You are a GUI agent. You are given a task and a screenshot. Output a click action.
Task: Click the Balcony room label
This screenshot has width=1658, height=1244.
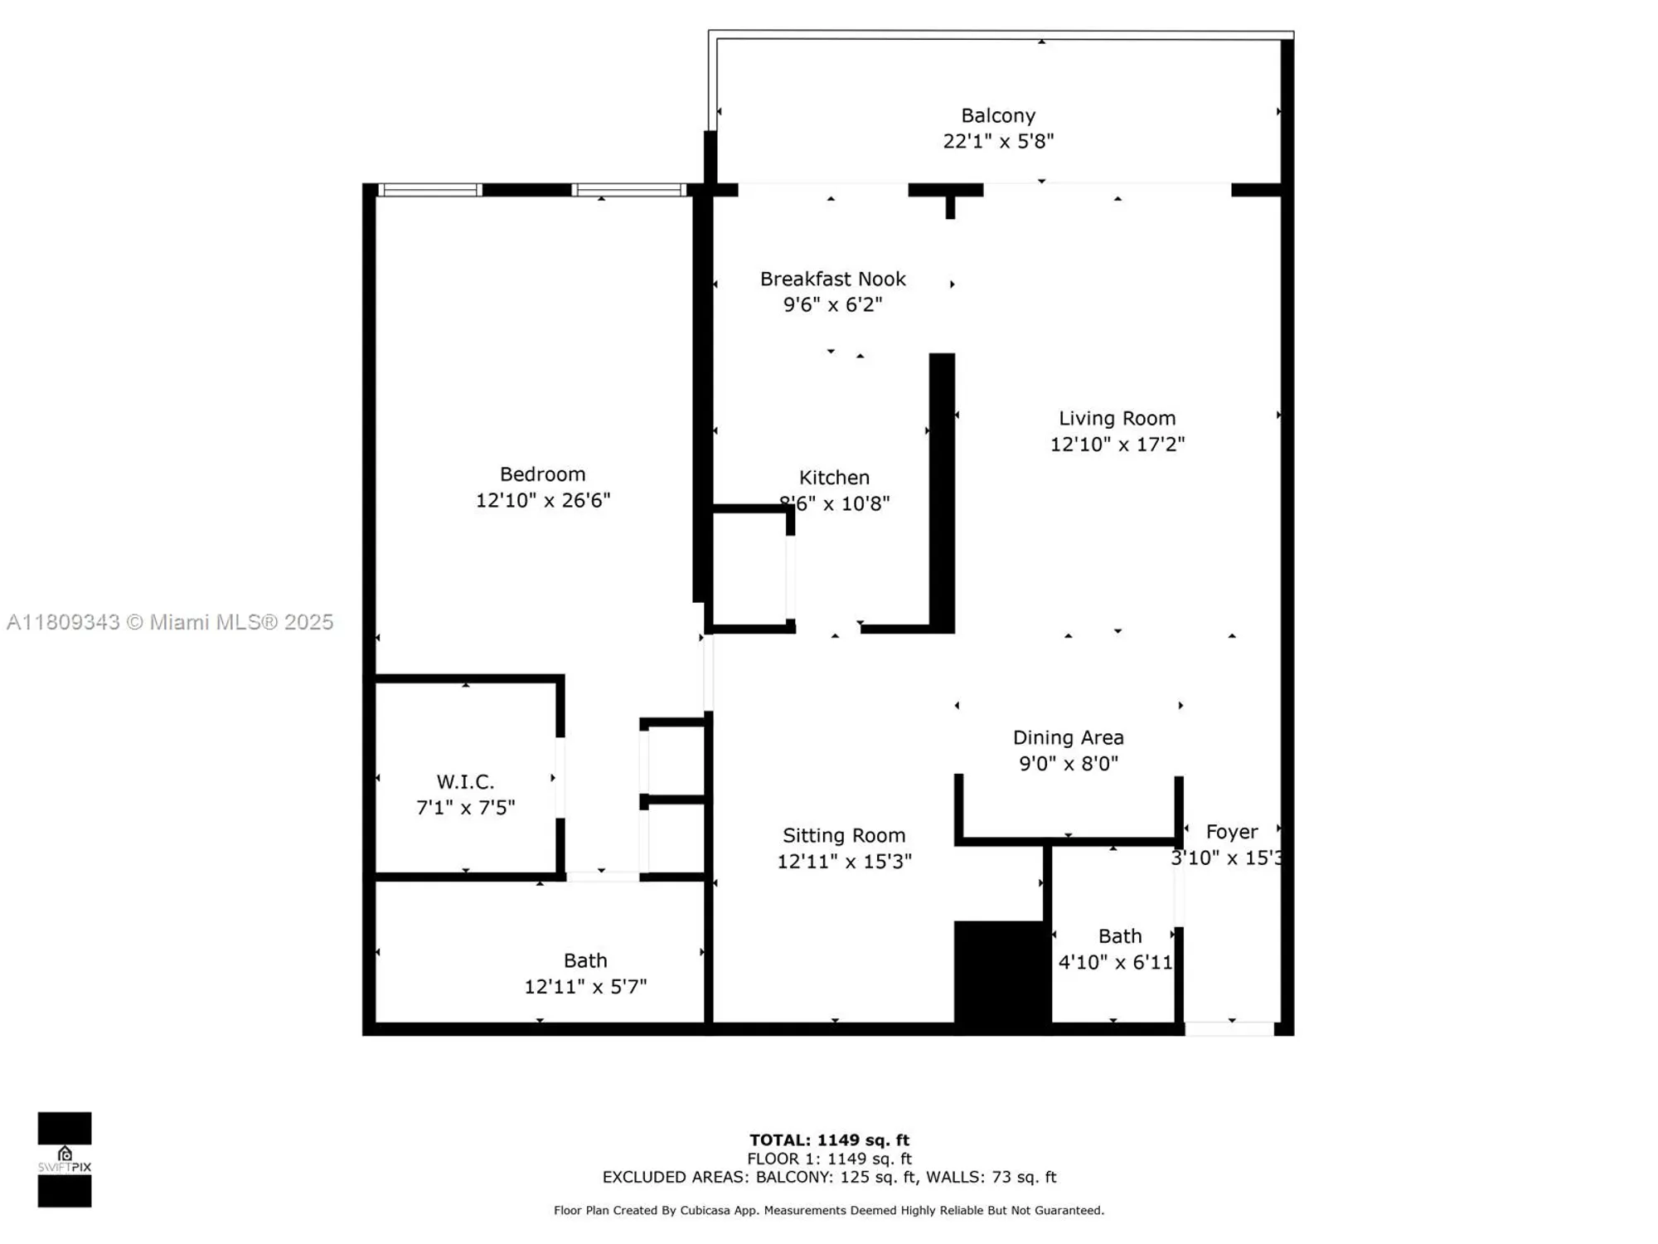(998, 115)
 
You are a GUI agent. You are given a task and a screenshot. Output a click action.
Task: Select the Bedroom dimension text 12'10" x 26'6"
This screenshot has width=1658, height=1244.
(543, 500)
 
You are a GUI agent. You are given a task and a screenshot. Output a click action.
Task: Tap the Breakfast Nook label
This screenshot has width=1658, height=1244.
(832, 279)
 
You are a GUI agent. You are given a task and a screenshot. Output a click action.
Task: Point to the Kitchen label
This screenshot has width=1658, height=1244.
(834, 477)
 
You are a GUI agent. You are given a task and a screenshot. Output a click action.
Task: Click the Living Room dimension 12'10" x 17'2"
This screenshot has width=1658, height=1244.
(1117, 445)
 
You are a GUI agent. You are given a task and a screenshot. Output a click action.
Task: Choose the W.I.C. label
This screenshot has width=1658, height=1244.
(465, 781)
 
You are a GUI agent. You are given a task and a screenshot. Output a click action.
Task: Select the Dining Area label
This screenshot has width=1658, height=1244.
(1068, 737)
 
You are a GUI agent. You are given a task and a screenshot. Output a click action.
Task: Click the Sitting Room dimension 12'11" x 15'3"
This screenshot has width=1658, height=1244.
(844, 862)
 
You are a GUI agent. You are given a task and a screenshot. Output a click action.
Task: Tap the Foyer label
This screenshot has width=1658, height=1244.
(1231, 831)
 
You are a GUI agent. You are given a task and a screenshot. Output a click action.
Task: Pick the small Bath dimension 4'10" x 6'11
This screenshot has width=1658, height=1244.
(1115, 962)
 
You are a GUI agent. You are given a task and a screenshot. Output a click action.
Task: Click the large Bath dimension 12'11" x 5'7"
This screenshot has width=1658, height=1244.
(585, 986)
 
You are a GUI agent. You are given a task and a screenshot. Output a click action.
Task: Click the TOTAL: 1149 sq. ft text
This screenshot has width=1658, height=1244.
(829, 1140)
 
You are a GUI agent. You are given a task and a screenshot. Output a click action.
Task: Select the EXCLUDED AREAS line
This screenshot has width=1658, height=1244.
(829, 1177)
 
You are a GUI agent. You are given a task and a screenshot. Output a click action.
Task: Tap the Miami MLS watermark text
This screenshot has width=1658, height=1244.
(170, 622)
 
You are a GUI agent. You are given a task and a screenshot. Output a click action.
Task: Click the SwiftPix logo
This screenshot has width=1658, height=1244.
(65, 1159)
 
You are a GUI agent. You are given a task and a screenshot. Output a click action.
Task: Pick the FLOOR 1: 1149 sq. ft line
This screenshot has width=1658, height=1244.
(829, 1159)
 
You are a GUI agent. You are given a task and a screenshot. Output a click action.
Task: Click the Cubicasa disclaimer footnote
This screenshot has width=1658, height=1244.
(829, 1211)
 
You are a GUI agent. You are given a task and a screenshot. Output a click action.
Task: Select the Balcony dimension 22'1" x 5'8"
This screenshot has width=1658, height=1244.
(998, 141)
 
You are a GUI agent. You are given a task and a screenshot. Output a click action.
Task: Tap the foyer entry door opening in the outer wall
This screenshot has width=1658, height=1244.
(1229, 1029)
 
